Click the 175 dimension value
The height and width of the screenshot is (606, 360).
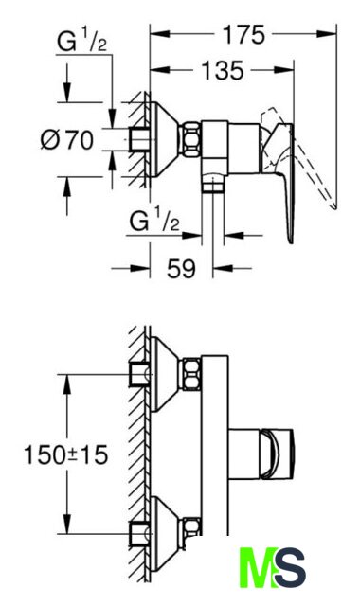click(x=244, y=35)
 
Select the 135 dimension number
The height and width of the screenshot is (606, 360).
click(x=223, y=71)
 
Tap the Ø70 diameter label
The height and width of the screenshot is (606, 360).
click(x=67, y=139)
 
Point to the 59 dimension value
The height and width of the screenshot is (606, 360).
click(x=181, y=268)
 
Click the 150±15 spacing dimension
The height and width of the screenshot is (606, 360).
click(x=65, y=454)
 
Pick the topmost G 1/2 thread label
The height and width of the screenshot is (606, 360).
click(x=82, y=42)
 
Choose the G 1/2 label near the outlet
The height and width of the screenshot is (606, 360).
click(x=154, y=221)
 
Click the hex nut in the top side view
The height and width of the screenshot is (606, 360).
click(x=191, y=139)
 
